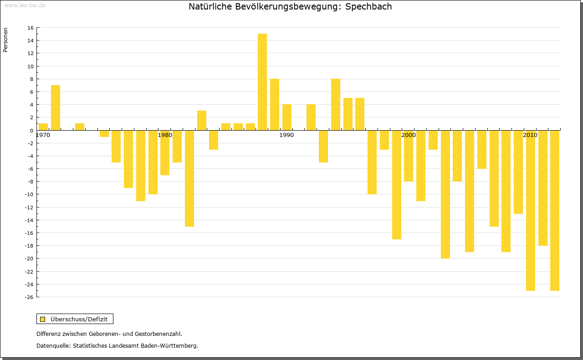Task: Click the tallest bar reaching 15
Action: (262, 82)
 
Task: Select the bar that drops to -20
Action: (445, 194)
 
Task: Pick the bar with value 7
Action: (56, 107)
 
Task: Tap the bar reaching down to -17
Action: (397, 185)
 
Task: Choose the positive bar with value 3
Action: (202, 120)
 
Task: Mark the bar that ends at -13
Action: (518, 172)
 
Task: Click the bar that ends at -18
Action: (543, 188)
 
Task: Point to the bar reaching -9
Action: (128, 159)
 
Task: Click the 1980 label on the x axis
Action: (165, 135)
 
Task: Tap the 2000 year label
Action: (409, 135)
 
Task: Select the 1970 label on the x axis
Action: (43, 135)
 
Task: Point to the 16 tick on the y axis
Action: (30, 28)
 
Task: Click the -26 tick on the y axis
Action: (29, 297)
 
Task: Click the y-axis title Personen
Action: (5, 40)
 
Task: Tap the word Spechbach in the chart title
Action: (368, 7)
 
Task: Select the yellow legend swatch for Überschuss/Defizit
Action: (43, 319)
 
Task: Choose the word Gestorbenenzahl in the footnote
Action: (157, 334)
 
